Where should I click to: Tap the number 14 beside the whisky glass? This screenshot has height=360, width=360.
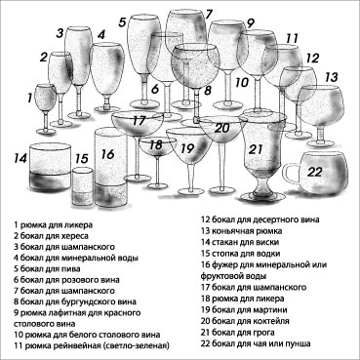[20, 158]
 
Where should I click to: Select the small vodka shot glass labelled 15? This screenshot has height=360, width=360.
[83, 186]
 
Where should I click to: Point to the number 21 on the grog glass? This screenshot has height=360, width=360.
[256, 149]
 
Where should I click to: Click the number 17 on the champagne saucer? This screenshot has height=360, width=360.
[139, 121]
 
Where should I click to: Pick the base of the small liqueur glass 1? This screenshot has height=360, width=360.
[46, 131]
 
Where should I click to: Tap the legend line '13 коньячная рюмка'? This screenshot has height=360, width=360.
[241, 231]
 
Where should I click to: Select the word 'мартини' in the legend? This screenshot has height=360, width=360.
[273, 309]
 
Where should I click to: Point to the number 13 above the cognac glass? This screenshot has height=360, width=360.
[331, 77]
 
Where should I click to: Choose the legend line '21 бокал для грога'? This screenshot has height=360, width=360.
[238, 332]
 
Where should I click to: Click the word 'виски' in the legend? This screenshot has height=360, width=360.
[268, 242]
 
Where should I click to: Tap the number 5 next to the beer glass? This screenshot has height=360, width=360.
[122, 22]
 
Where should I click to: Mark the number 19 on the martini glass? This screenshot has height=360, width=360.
[187, 148]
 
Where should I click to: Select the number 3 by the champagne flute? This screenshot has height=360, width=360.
[60, 33]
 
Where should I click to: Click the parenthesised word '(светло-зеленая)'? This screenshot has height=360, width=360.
[136, 345]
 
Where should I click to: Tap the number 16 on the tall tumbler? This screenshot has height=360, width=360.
[107, 154]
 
